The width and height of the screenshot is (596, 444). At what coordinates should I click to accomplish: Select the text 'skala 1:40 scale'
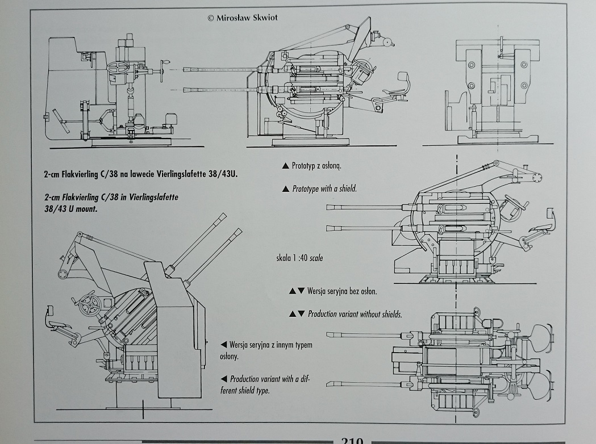tap(299, 258)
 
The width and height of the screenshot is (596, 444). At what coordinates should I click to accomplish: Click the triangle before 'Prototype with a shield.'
tap(285, 189)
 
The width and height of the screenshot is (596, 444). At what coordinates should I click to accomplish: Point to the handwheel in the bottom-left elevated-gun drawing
tap(90, 305)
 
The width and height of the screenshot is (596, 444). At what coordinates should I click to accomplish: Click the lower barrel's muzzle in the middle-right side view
tap(328, 228)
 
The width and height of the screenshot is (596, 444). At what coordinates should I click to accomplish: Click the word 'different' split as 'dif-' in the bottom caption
tap(299, 379)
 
